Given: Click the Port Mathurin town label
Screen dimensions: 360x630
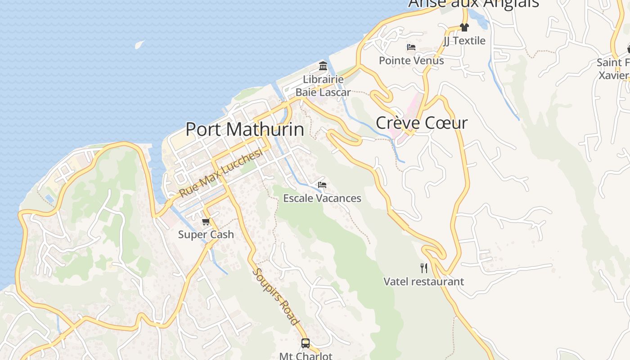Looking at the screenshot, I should click(245, 130).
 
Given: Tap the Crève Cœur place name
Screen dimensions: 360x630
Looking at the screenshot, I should click(422, 123).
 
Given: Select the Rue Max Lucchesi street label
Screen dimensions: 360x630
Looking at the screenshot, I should click(221, 173).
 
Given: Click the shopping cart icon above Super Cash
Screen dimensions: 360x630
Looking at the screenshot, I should click(206, 221).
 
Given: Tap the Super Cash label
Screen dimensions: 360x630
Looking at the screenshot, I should click(206, 234).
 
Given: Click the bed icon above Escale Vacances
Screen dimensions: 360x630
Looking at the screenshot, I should click(322, 185).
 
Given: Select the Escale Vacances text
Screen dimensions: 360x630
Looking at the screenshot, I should click(322, 198).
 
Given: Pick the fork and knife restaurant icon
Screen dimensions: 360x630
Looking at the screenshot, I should click(423, 268).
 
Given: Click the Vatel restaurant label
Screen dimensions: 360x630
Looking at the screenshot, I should click(423, 282).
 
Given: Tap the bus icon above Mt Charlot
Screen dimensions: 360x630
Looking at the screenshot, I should click(306, 343).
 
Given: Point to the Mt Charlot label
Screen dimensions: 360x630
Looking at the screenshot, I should click(306, 356).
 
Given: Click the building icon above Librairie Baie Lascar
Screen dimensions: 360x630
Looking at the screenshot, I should click(323, 66).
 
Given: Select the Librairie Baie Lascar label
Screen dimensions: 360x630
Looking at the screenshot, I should click(323, 86).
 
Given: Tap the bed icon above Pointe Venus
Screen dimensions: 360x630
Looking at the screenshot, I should click(411, 47).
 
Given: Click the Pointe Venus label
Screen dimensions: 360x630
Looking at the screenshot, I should click(411, 60).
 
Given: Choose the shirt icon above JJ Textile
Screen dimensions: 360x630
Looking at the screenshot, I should click(464, 27).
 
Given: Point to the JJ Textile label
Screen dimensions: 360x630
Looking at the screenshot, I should click(464, 40).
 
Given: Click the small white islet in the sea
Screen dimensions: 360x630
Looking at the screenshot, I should click(139, 45).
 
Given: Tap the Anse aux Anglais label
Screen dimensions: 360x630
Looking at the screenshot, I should click(473, 4).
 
